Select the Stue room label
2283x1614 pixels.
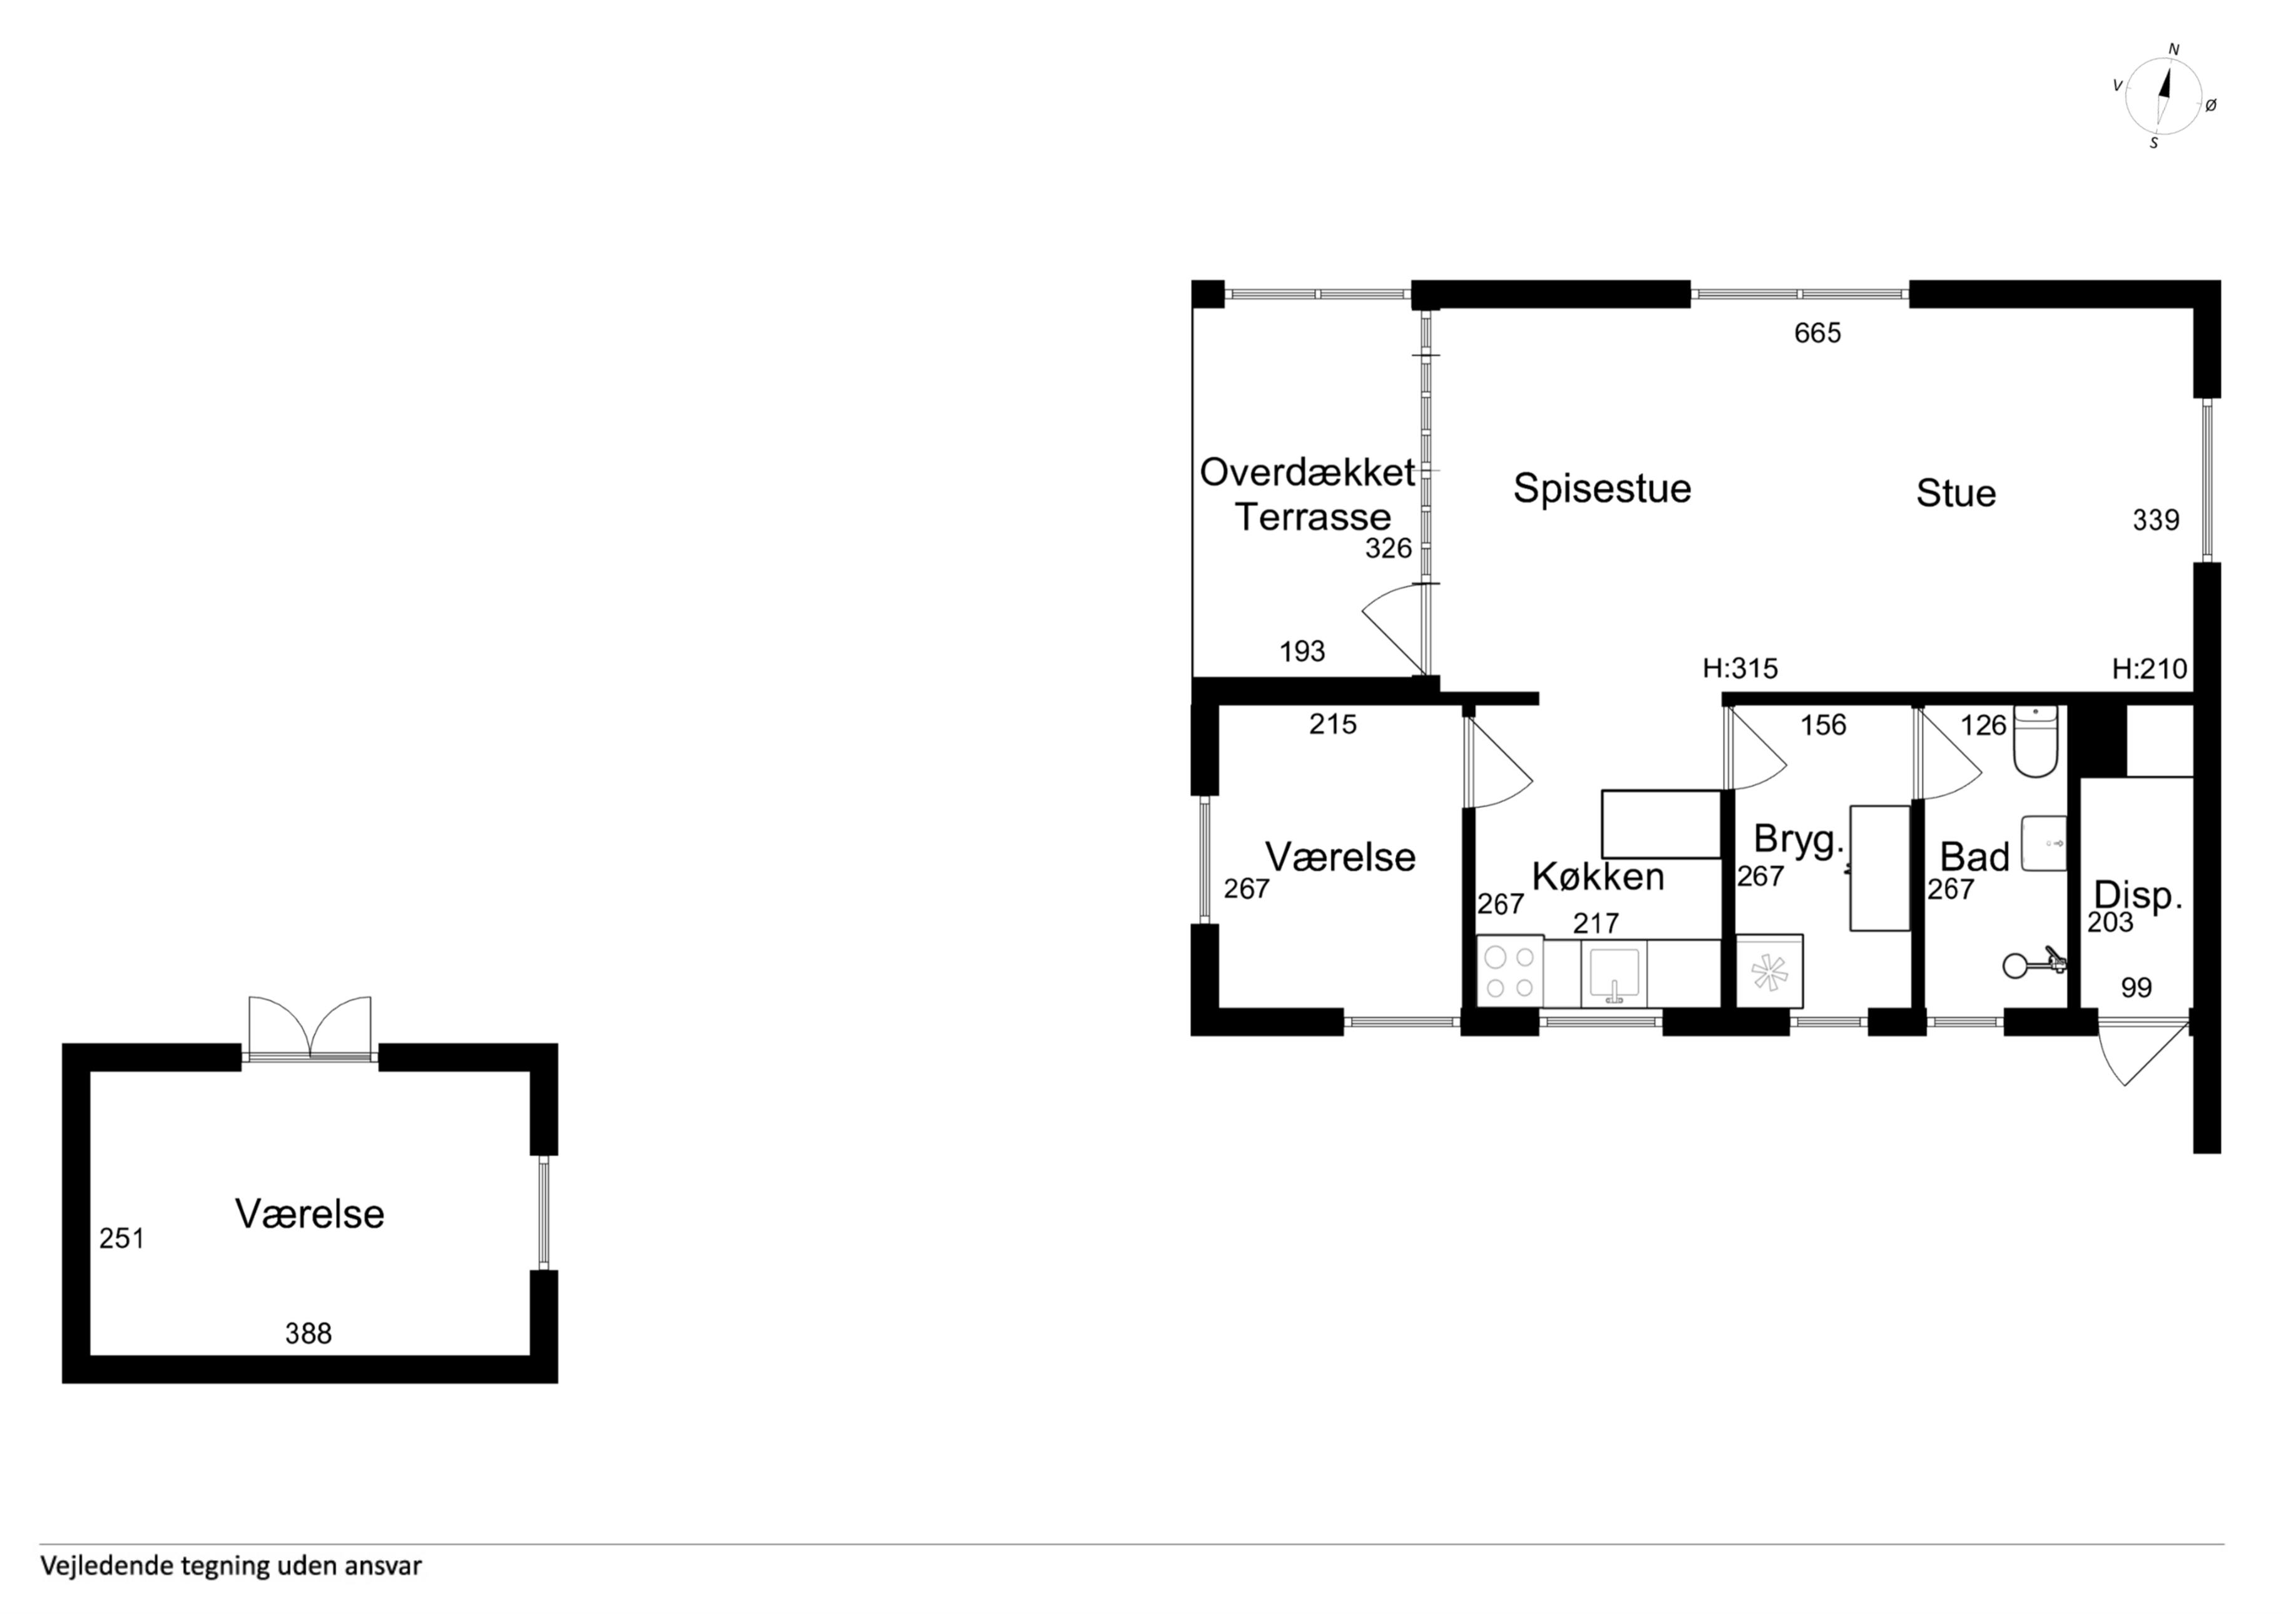(1956, 493)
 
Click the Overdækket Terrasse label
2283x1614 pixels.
(1307, 494)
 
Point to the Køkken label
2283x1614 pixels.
(1598, 876)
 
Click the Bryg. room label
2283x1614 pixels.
(1798, 839)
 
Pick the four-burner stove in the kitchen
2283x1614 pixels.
(1509, 971)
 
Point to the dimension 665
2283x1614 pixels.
(1817, 333)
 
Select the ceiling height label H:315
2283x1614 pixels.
(1740, 668)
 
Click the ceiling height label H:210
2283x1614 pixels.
(2150, 668)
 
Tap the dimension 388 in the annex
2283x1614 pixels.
(309, 1334)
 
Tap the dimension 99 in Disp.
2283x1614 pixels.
(2137, 988)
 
